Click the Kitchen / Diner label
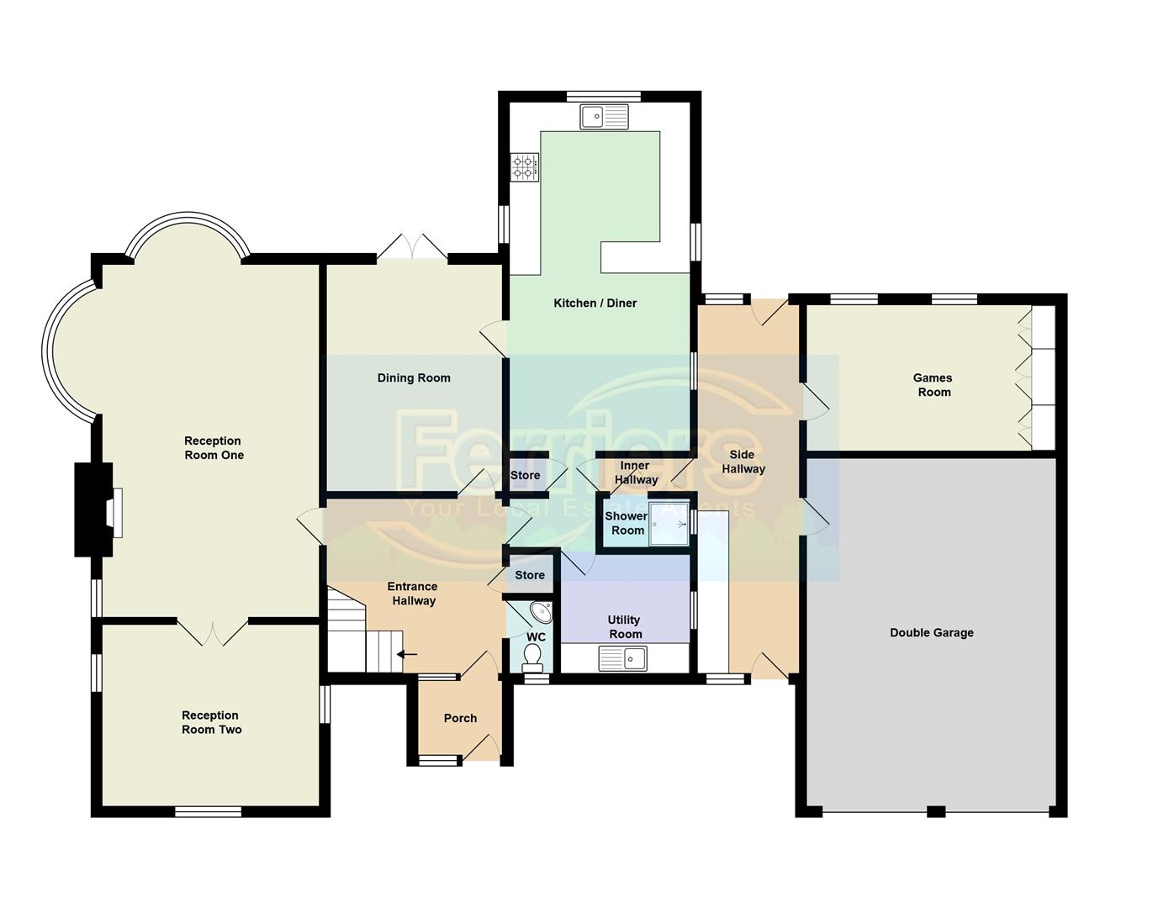[x=595, y=303]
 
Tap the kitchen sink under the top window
[x=604, y=116]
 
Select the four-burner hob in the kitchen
[x=525, y=166]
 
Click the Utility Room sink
[x=623, y=657]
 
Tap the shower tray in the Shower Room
[x=669, y=523]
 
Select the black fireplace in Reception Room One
[x=93, y=509]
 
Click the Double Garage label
[x=931, y=632]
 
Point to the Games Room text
[x=933, y=385]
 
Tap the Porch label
[x=460, y=718]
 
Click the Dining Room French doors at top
[x=411, y=248]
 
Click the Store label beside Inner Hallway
[x=526, y=475]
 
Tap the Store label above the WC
[x=530, y=575]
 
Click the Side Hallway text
[x=743, y=462]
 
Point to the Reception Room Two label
[x=211, y=722]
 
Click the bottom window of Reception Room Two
[x=209, y=811]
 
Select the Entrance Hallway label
[x=412, y=594]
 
